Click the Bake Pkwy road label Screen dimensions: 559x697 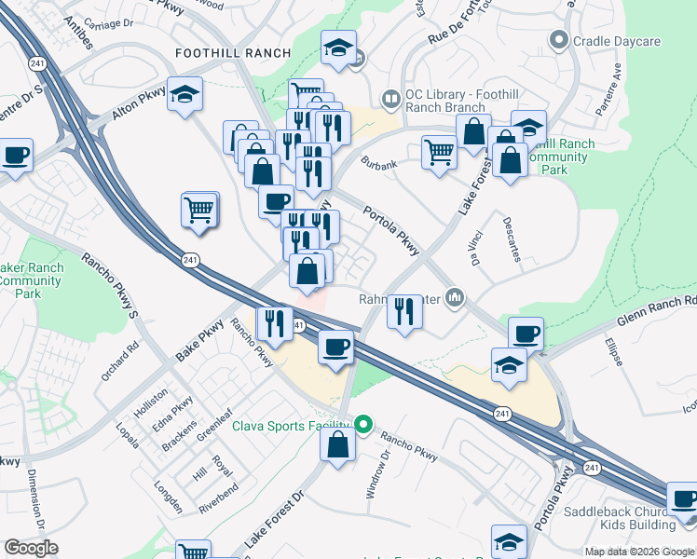click(x=200, y=342)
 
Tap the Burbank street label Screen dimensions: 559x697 click(x=380, y=165)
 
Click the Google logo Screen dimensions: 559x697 click(x=31, y=548)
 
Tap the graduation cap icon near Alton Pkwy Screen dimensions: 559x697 click(x=185, y=94)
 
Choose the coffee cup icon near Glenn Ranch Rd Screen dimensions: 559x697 click(x=526, y=334)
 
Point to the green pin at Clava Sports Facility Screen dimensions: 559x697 click(x=364, y=426)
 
